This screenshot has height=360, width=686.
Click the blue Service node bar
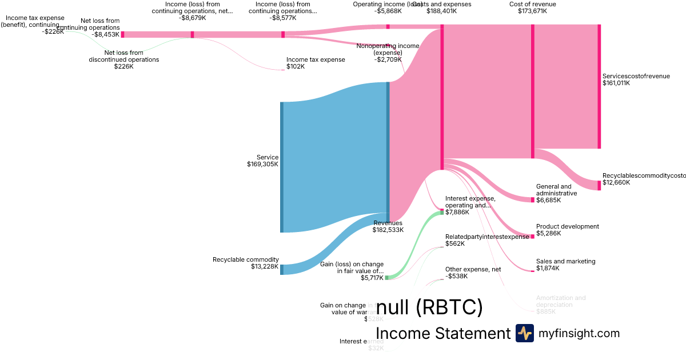(282, 167)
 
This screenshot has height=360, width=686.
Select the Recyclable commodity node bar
(282, 270)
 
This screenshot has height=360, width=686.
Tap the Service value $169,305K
(259, 165)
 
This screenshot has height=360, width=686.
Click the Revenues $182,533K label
(388, 226)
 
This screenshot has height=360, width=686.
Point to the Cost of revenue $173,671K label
(532, 7)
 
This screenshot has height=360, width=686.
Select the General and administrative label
(553, 190)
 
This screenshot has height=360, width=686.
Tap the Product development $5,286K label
(567, 230)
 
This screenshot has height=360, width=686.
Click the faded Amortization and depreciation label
(560, 301)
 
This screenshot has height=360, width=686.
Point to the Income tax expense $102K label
(316, 63)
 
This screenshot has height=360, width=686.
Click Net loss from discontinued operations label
(123, 56)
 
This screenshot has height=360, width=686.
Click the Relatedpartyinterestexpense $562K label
(487, 240)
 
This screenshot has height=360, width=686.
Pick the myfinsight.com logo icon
(524, 333)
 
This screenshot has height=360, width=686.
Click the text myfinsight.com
(579, 333)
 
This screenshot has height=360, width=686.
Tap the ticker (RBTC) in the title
(449, 307)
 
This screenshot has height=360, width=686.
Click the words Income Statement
(443, 333)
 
